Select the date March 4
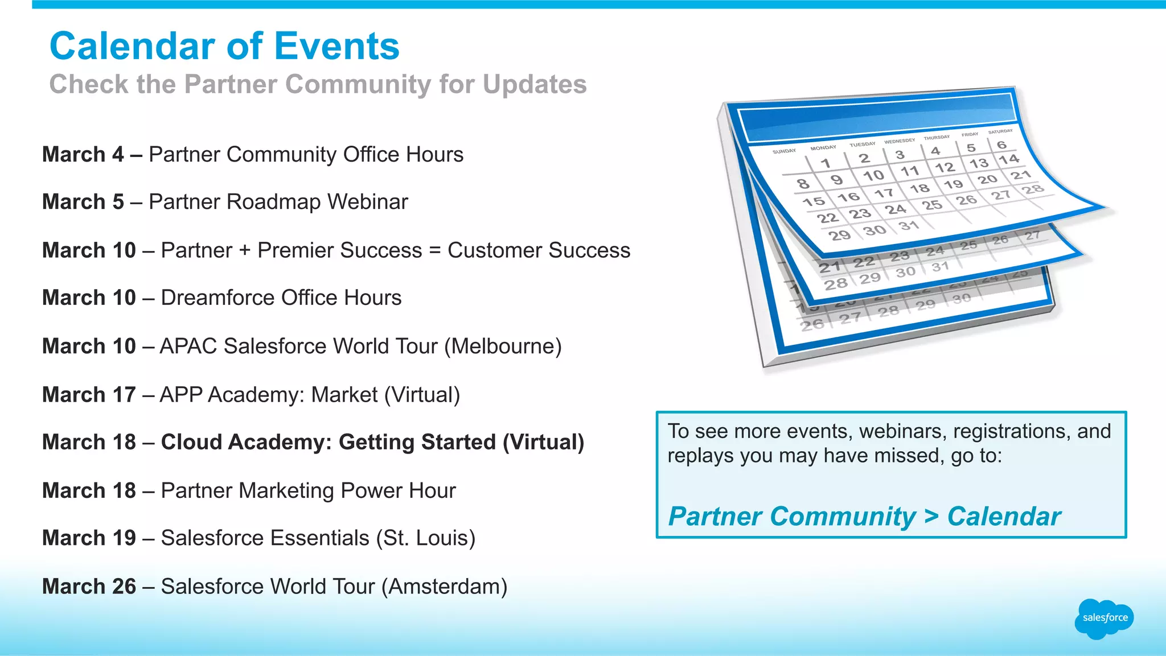coord(83,155)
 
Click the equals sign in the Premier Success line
coord(435,250)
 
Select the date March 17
coord(89,395)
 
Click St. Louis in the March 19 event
coord(425,538)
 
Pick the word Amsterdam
coord(444,587)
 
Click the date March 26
coord(89,587)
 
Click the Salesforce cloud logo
coord(1104,618)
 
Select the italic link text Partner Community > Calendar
coord(864,517)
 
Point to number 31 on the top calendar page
coord(909,226)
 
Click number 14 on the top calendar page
coord(1008,159)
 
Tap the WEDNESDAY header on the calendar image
coord(900,141)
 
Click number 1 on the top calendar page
coord(825,163)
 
